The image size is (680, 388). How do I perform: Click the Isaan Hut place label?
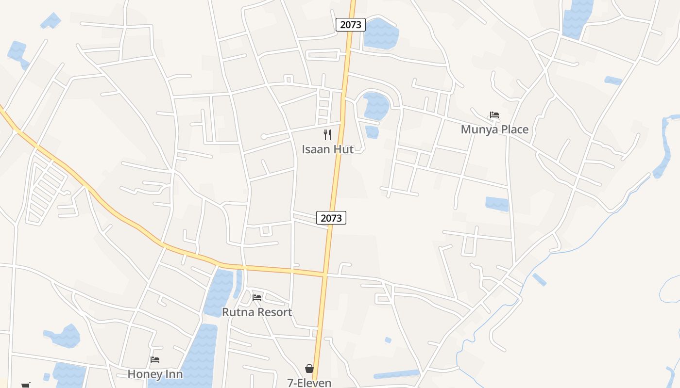327,149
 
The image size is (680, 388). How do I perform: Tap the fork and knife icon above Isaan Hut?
327,135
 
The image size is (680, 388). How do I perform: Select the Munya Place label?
494,129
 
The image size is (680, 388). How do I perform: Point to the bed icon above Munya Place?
494,115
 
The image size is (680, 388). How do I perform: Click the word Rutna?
239,312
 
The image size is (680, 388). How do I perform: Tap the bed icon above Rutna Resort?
257,297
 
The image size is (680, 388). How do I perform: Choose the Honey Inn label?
155,374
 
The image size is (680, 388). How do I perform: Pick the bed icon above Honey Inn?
155,359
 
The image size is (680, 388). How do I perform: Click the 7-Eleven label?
309,383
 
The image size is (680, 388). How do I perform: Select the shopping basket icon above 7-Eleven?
309,369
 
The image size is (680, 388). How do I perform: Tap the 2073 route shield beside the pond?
350,25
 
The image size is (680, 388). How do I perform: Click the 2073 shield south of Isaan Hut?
331,218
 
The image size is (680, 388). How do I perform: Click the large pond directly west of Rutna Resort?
219,291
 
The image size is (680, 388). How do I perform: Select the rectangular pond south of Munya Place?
497,204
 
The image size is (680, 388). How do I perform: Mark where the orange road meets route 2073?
324,274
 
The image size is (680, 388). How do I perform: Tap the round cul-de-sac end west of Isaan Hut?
264,137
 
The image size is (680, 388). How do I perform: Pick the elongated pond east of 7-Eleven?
396,374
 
